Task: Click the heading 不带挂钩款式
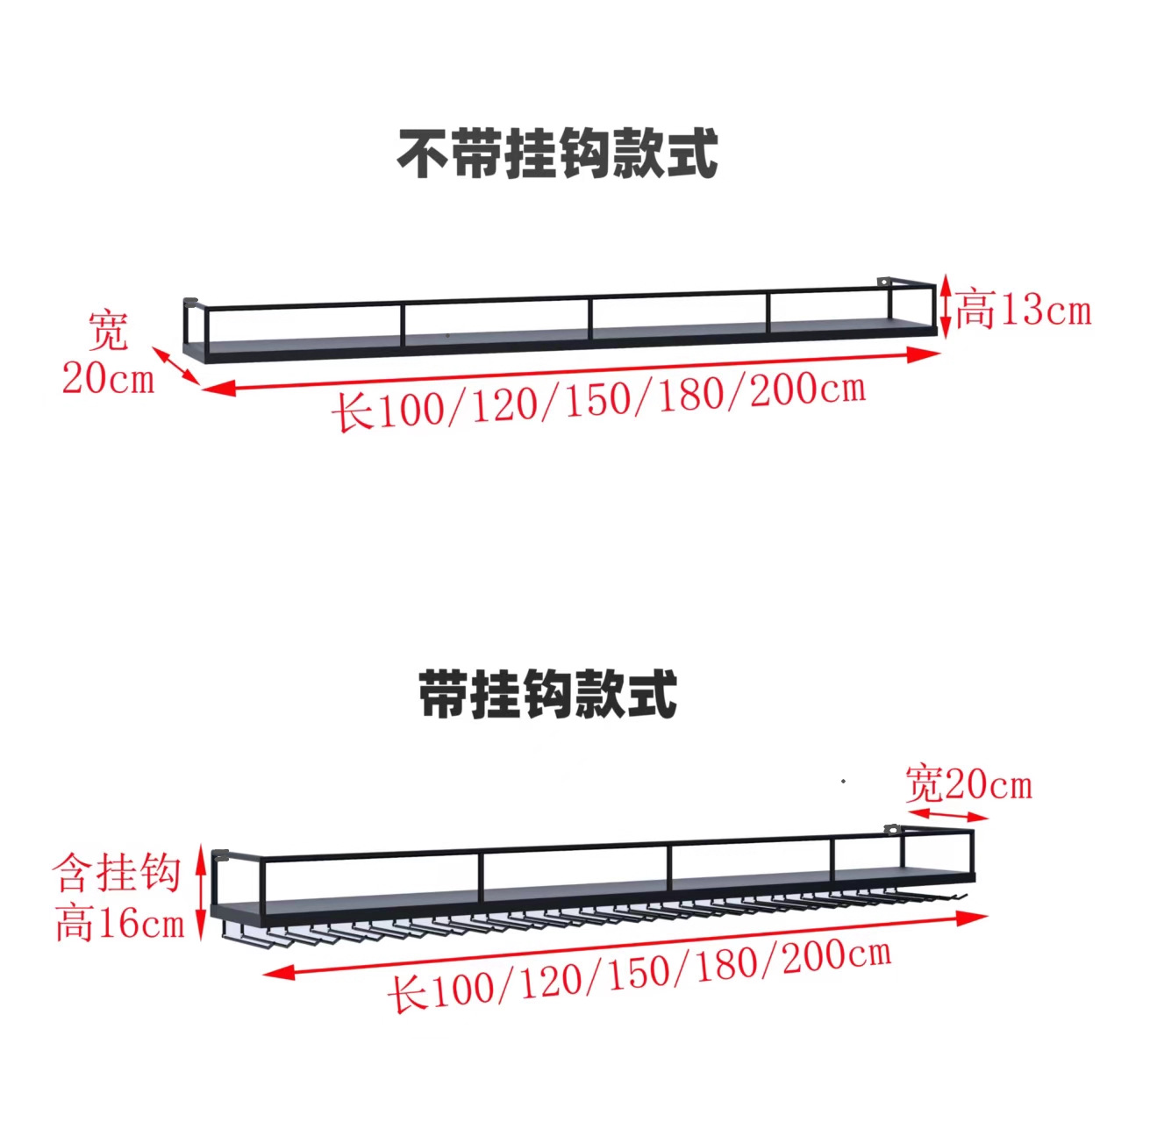558,154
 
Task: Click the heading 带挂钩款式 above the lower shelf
547,694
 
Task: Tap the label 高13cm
1023,310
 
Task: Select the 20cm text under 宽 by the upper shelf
107,377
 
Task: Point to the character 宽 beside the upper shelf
108,331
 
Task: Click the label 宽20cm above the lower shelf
968,783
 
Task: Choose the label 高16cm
119,923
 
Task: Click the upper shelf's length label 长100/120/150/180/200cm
598,400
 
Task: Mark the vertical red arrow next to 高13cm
945,306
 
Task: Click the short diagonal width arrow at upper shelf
177,366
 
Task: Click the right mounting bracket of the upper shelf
883,282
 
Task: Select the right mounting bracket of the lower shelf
892,829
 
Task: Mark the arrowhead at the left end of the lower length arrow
277,972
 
